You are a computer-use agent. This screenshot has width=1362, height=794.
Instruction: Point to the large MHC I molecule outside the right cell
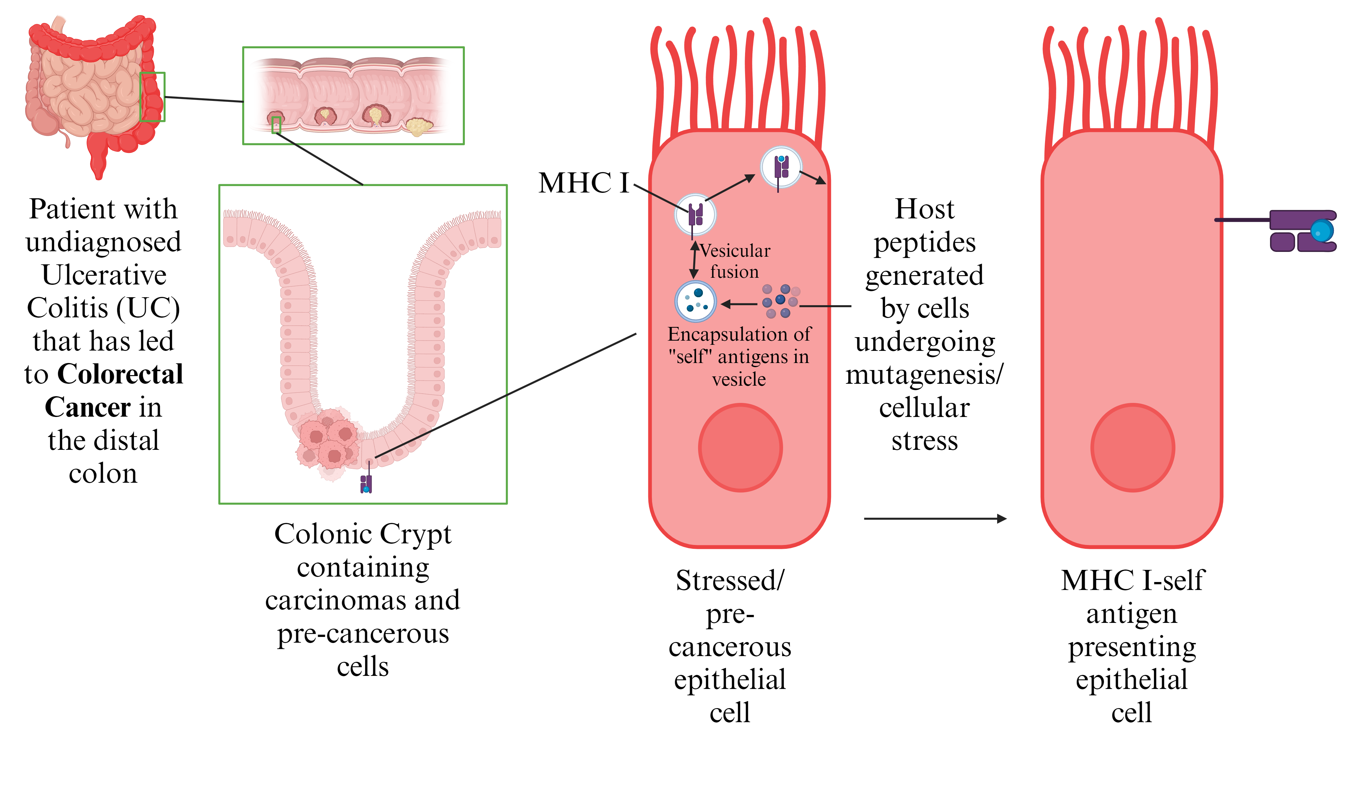(1303, 231)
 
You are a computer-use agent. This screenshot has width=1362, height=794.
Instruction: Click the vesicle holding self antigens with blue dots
(696, 301)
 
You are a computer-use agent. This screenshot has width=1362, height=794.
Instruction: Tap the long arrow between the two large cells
(935, 518)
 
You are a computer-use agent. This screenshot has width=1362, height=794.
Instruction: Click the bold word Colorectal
(120, 374)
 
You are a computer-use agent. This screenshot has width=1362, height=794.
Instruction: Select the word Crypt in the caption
(416, 534)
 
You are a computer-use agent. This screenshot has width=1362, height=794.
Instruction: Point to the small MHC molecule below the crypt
(366, 483)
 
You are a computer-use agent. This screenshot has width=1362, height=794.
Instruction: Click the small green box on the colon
(152, 97)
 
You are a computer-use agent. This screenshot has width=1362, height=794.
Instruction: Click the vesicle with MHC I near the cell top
(781, 167)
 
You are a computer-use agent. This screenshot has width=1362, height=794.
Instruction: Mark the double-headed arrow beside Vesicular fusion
(695, 260)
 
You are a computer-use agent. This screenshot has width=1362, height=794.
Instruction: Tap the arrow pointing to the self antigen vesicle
(739, 305)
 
